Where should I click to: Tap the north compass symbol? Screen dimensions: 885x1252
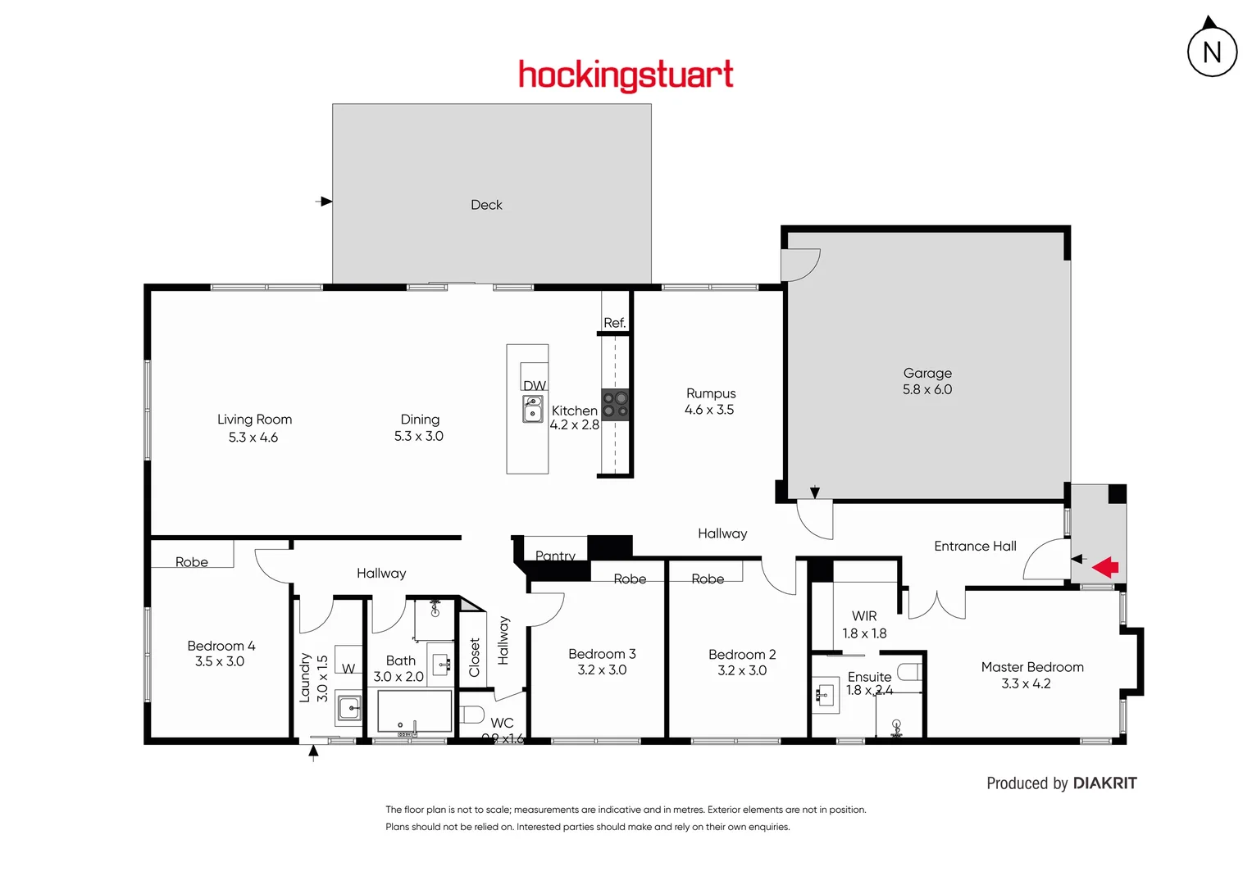(1212, 51)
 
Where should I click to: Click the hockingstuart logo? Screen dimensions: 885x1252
(626, 75)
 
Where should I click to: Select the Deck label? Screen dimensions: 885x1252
(486, 205)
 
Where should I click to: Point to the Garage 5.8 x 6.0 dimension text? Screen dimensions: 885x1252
(927, 390)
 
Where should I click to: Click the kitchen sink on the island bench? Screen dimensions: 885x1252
(533, 409)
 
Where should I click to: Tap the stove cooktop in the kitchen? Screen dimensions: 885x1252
(615, 405)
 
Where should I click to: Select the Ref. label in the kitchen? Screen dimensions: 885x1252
(614, 323)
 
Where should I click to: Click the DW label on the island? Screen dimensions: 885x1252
(535, 386)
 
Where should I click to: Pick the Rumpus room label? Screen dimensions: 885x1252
(711, 393)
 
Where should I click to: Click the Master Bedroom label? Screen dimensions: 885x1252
(1032, 667)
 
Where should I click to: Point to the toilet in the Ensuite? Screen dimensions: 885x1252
(908, 672)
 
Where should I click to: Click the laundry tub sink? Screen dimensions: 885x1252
(349, 708)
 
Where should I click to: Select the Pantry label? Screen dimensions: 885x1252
(555, 556)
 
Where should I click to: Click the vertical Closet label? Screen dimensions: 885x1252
(474, 657)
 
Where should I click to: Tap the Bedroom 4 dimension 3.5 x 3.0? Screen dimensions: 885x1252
(220, 661)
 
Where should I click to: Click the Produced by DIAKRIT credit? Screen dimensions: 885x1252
(1061, 783)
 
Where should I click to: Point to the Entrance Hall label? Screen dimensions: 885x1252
(975, 547)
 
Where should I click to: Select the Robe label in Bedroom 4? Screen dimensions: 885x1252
(192, 562)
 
